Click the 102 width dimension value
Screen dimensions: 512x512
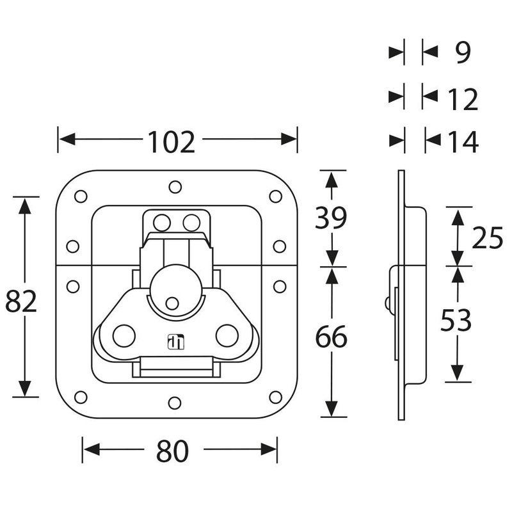[x=172, y=141]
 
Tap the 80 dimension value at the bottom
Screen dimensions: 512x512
[x=173, y=452]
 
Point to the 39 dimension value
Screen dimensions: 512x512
[x=332, y=219]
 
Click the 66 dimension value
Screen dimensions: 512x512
[x=332, y=337]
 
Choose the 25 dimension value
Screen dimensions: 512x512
[x=488, y=239]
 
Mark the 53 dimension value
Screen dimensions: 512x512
[x=456, y=321]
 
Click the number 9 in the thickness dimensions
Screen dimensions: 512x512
[x=463, y=53]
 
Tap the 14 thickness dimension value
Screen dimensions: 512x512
[x=460, y=141]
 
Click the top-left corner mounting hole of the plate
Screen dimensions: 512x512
[x=81, y=196]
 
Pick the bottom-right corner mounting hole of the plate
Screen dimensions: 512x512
[x=275, y=397]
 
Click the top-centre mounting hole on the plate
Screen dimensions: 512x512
[x=175, y=187]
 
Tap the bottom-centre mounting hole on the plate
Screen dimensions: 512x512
[x=175, y=403]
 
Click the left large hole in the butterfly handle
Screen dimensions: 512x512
[x=122, y=335]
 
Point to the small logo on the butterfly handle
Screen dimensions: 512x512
[x=175, y=342]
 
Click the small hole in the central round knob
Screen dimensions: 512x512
[x=172, y=303]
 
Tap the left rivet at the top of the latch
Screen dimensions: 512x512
[x=163, y=223]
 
